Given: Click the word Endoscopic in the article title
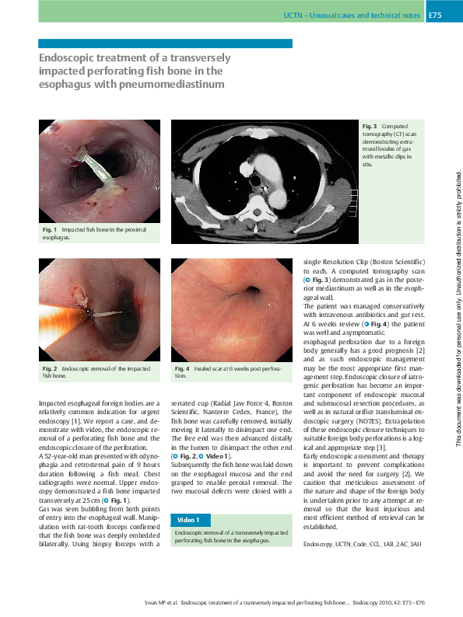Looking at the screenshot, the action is (67, 58).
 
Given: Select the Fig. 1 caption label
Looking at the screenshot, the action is (50, 230).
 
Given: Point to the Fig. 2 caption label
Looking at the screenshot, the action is (50, 368).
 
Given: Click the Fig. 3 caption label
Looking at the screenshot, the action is (369, 126).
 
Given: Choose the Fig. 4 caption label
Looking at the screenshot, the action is (182, 368).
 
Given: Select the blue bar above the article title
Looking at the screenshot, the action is (165, 44).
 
